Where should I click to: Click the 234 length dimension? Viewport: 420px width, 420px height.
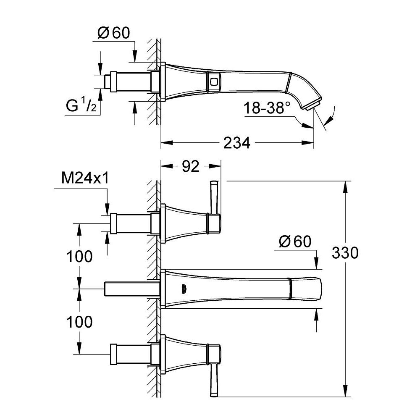point(237,143)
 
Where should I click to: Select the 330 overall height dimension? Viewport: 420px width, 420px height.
point(345,253)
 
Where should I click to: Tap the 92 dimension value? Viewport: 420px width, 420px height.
point(190,167)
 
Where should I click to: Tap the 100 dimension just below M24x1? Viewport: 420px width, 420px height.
point(79,256)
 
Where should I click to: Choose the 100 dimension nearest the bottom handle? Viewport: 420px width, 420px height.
point(79,322)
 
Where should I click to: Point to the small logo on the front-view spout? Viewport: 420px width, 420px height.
point(183,289)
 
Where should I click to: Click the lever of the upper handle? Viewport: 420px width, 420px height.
point(214,197)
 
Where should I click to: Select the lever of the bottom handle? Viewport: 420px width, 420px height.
point(214,380)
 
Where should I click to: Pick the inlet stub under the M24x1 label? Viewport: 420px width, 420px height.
point(130,223)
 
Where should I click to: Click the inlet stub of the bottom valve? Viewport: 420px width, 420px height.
point(130,354)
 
